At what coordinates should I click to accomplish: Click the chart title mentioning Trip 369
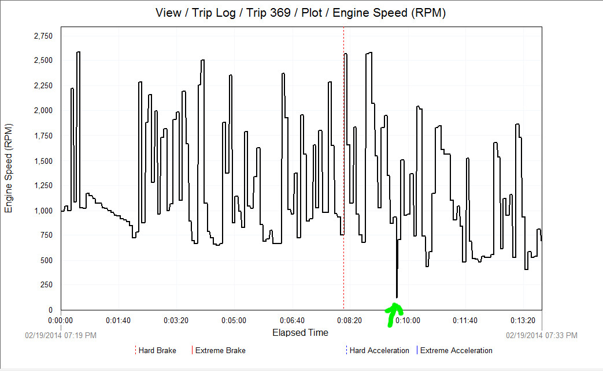[x=301, y=12]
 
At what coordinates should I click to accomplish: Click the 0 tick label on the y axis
[x=50, y=310]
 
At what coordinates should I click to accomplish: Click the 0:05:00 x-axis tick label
[x=234, y=320]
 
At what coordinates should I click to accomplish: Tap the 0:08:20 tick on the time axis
[x=349, y=320]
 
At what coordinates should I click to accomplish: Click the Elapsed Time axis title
[x=300, y=332]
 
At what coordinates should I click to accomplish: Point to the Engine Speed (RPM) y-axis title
[x=9, y=168]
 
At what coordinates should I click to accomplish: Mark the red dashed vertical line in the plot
[x=344, y=173]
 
